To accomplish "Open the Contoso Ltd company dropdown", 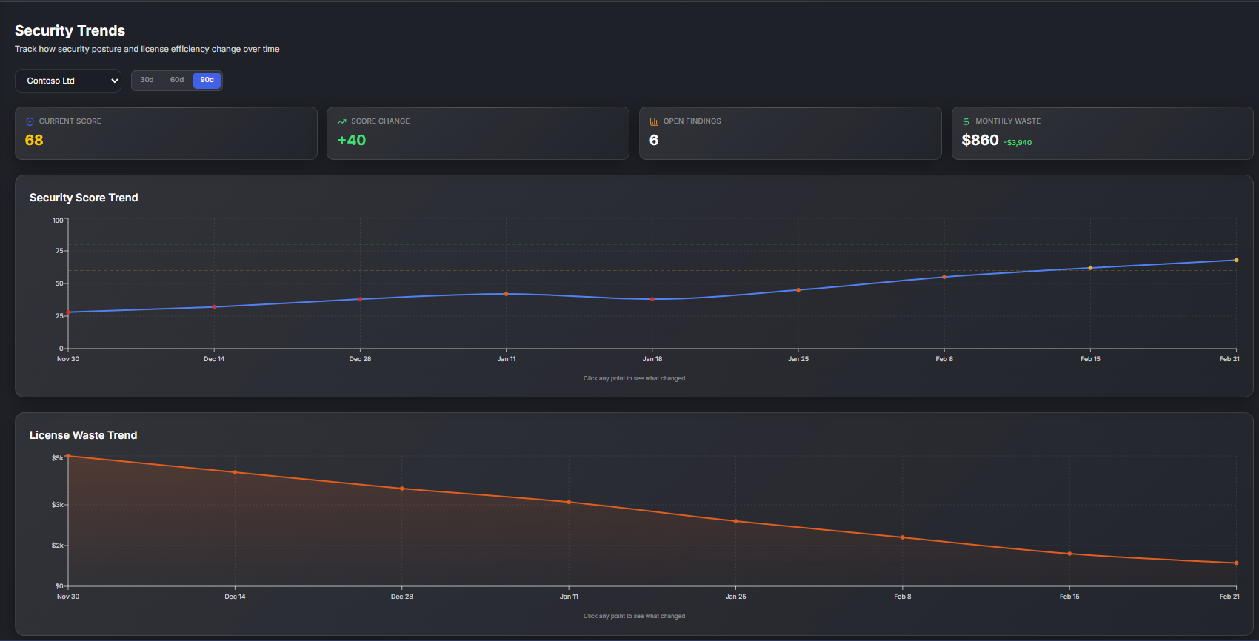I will pos(68,81).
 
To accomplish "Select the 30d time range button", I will pos(147,80).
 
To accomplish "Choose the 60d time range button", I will pos(177,80).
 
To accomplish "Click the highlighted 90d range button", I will pos(207,80).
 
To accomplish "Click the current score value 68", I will pos(34,140).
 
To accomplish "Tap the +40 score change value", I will pos(352,140).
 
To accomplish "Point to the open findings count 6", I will pos(654,140).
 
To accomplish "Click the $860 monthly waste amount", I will pos(980,140).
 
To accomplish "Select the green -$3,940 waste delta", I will pos(1018,143).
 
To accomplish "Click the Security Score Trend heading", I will pos(84,198).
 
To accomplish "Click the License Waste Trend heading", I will pos(83,435).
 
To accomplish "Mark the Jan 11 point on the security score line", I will pos(507,294).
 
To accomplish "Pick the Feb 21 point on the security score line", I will pos(1236,260).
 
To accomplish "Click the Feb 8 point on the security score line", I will pos(944,277).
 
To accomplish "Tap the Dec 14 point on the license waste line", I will pos(235,472).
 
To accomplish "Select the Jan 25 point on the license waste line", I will pos(735,521).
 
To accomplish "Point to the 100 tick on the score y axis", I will pos(58,221).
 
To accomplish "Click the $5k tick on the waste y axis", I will pos(57,458).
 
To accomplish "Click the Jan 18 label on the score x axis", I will pos(652,359).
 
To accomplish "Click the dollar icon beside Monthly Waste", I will pos(966,121).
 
